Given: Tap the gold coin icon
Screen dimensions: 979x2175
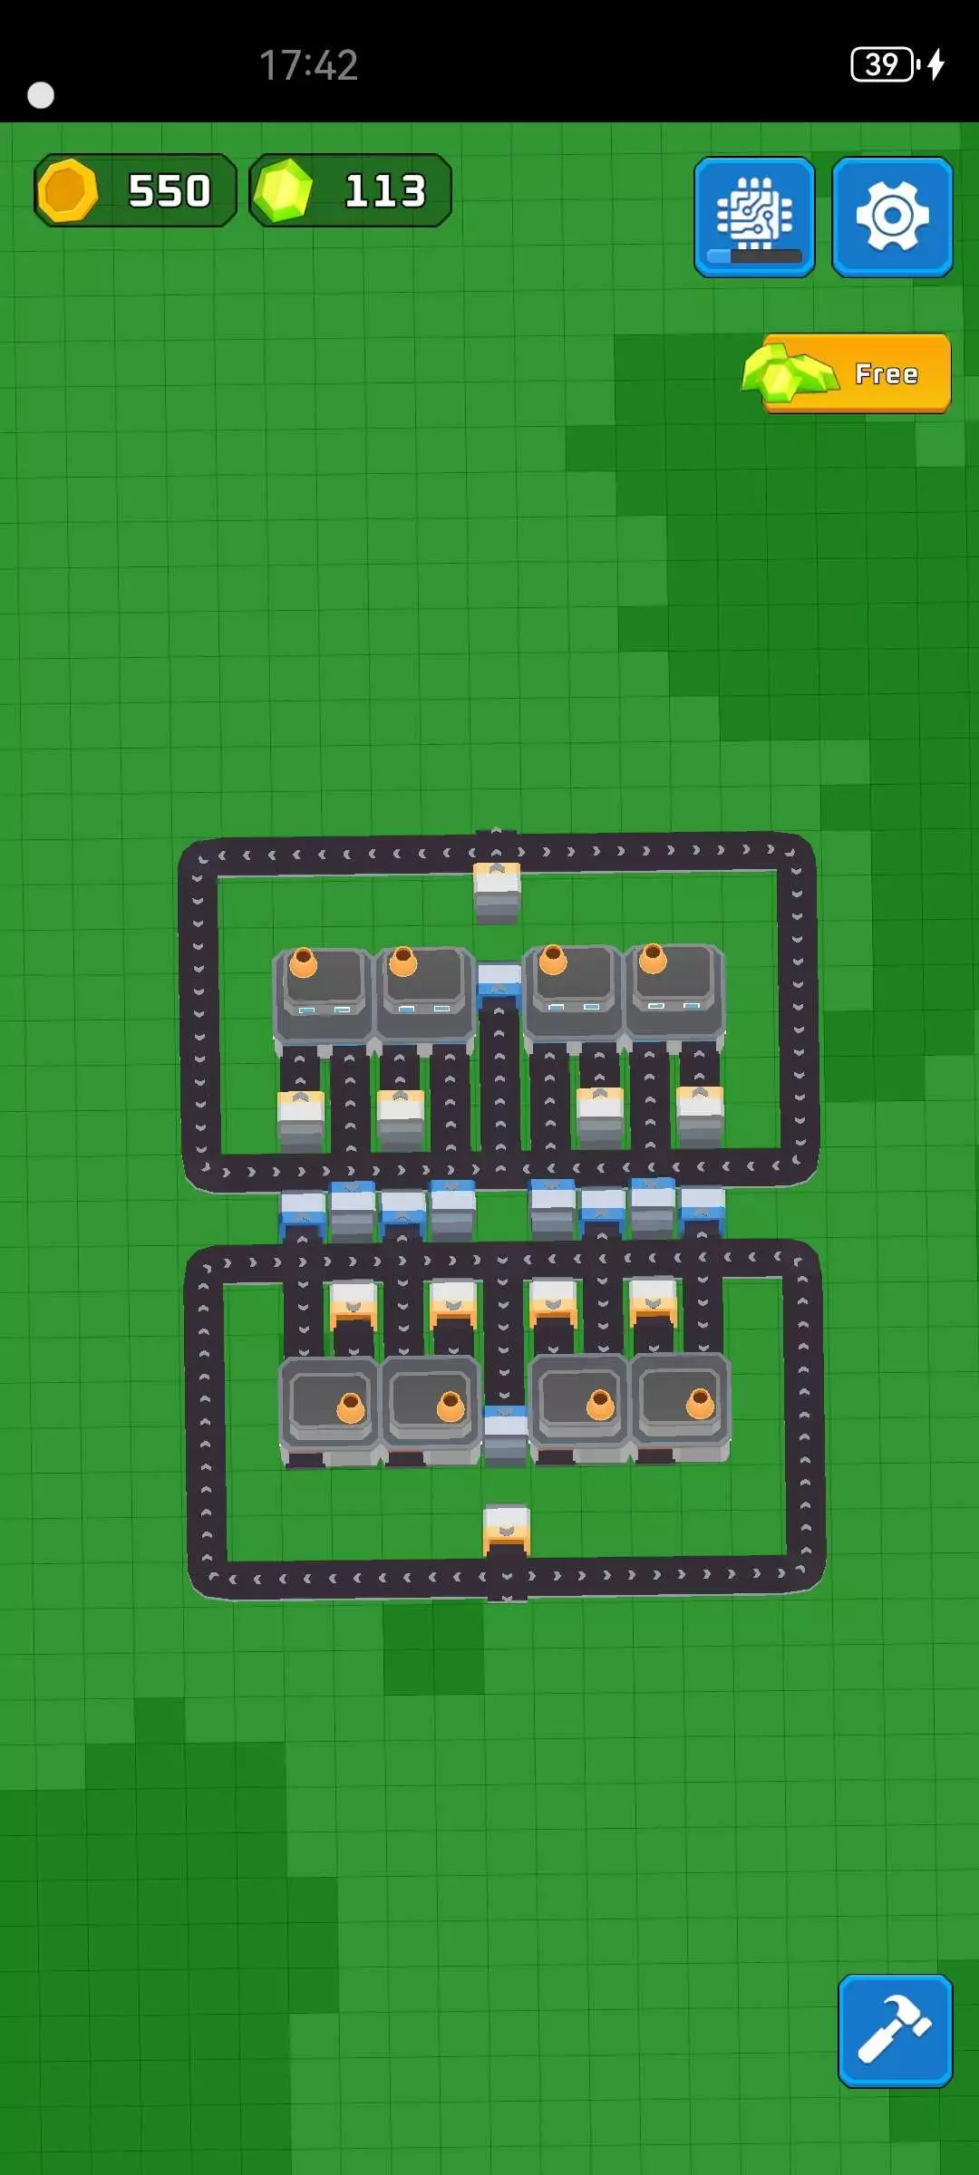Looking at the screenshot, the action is (67, 190).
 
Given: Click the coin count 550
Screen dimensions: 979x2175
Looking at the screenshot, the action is (170, 191).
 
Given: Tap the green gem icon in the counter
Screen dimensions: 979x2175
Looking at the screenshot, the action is (283, 190).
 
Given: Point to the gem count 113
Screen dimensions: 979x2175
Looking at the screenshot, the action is (385, 191).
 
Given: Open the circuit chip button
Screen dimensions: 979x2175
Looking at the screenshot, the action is (754, 217).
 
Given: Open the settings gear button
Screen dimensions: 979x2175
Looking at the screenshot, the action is (892, 217).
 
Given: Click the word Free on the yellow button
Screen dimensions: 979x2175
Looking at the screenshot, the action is (887, 374).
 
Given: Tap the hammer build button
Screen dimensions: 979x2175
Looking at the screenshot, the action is (895, 2030).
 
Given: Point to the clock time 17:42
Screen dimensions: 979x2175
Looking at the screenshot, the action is (309, 65).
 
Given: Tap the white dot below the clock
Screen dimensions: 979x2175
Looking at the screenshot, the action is (41, 95).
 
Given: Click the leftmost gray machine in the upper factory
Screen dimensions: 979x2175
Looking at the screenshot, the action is (324, 997).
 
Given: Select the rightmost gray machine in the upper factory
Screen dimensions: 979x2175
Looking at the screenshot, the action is (674, 993).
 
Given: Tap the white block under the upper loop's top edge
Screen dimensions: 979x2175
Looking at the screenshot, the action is (497, 893).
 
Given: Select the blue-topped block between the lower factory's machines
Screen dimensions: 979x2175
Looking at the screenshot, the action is (506, 1435).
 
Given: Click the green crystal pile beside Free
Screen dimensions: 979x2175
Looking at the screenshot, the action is (790, 372).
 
